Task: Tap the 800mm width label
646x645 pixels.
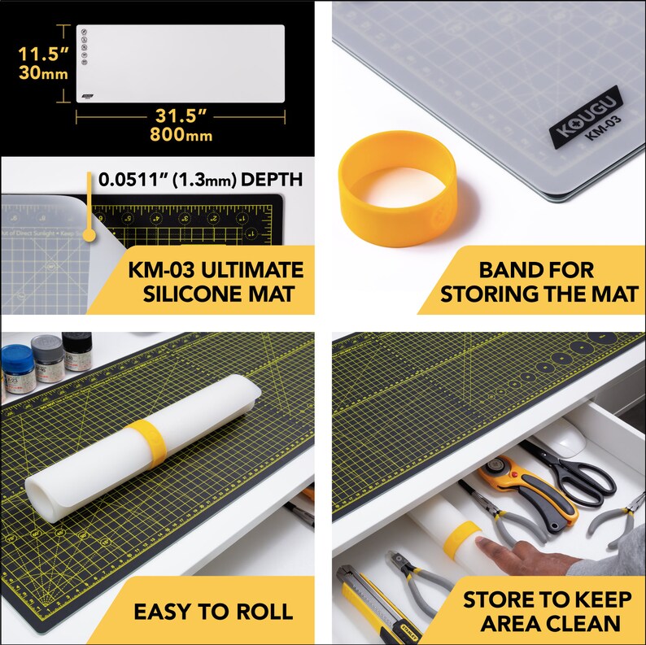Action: (180, 135)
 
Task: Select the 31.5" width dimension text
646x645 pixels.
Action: (180, 115)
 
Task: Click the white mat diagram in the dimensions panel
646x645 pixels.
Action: (180, 63)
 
